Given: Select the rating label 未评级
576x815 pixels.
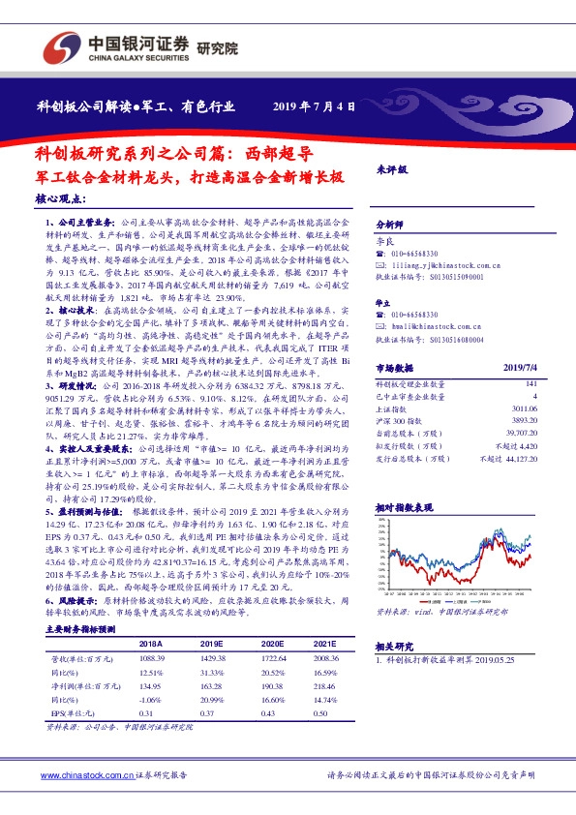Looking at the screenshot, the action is pos(390,168).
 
